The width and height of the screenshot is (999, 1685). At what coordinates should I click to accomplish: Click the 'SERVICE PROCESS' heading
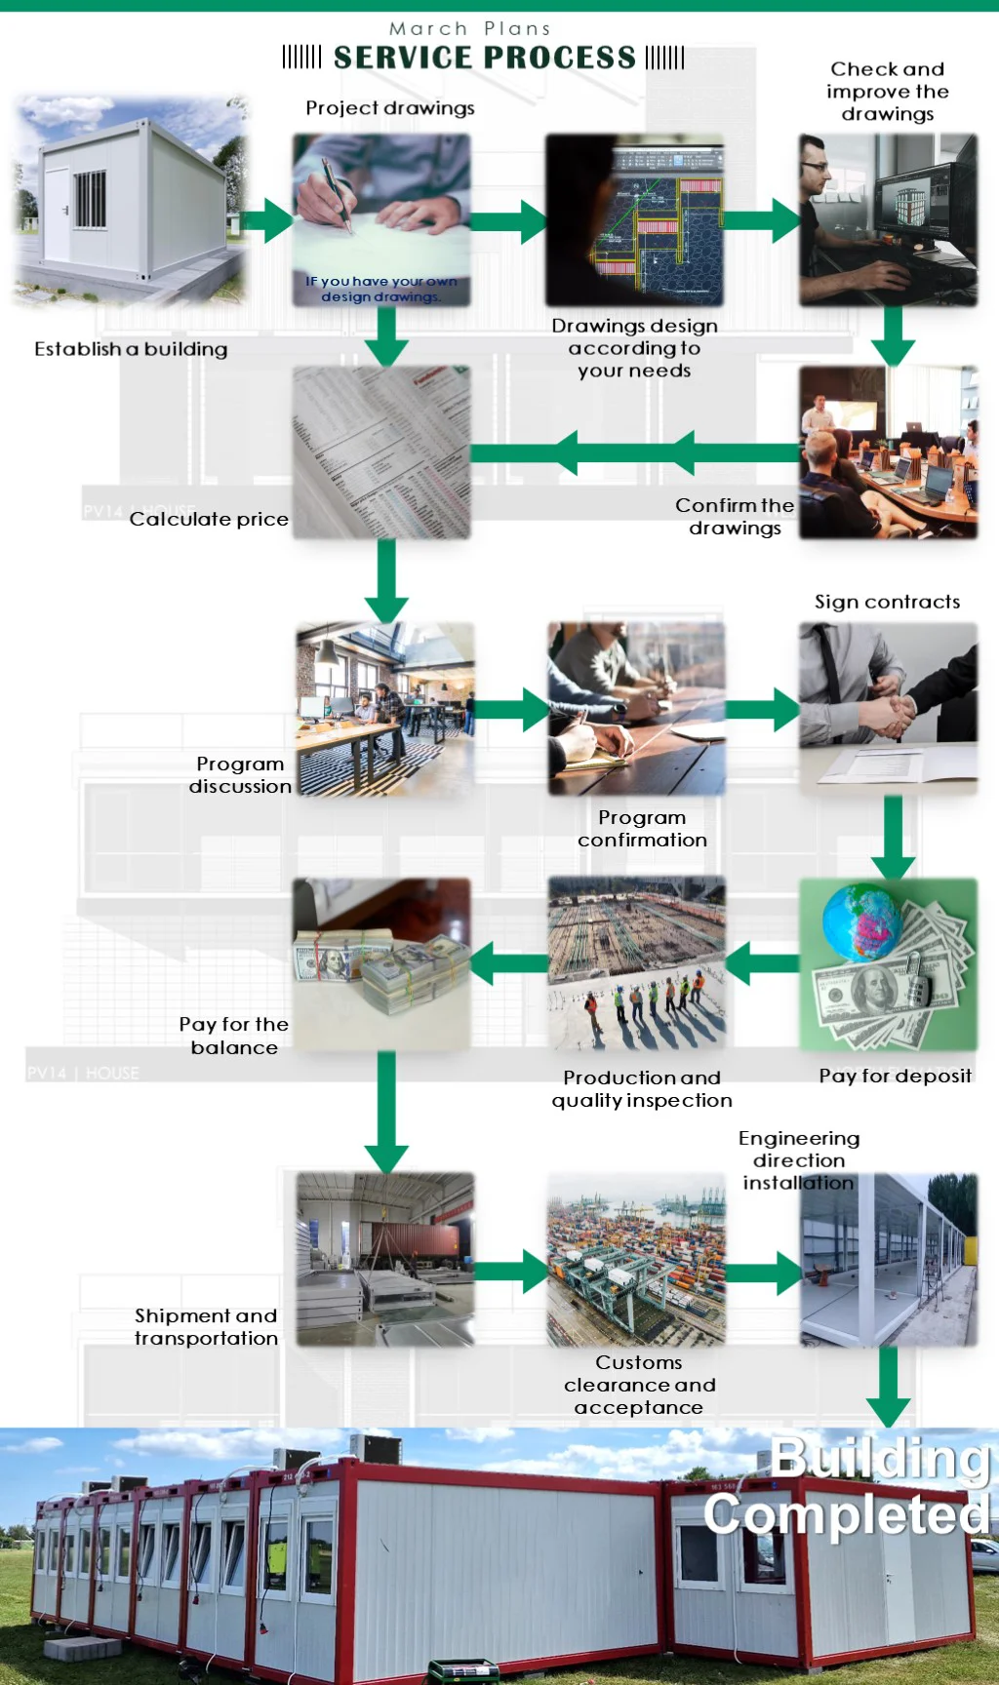(484, 58)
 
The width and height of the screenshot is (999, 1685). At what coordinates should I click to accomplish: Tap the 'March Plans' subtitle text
(470, 28)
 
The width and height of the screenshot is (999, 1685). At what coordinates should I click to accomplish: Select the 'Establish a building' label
(131, 349)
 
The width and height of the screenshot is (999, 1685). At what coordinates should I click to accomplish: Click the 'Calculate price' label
(209, 519)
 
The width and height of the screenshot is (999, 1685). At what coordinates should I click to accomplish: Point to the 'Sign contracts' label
(887, 602)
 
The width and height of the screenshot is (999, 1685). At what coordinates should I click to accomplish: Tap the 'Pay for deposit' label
(896, 1076)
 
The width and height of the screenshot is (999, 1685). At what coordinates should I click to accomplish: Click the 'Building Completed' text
(847, 1486)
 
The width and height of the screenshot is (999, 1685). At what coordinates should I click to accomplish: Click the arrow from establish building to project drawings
(266, 221)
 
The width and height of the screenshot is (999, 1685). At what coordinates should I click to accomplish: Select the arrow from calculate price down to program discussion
(386, 581)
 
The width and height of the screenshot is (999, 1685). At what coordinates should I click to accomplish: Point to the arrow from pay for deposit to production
(762, 964)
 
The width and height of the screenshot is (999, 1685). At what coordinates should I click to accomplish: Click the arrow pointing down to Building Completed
(889, 1388)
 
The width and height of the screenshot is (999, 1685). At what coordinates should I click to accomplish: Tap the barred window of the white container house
(90, 200)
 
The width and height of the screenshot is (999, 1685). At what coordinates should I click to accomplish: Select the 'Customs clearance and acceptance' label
(640, 1385)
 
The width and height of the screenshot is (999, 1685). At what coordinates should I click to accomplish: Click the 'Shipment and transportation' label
(206, 1327)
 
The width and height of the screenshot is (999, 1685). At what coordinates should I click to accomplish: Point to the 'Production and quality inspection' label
(642, 1089)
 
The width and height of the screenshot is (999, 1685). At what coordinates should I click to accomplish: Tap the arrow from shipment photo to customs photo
(512, 1272)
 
